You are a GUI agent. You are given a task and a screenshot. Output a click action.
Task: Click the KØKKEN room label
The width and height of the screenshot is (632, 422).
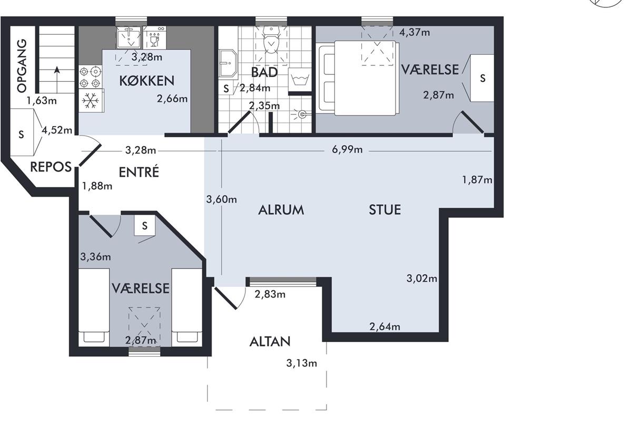point(147,81)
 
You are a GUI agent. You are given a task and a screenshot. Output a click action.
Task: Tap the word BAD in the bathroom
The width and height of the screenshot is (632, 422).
point(264,72)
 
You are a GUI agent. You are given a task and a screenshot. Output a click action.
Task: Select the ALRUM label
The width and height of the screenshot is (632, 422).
point(281,210)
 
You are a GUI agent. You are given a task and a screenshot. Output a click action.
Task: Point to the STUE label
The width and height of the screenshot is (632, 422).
point(385,210)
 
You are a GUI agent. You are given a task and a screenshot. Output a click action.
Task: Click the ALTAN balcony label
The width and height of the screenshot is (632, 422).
point(270,342)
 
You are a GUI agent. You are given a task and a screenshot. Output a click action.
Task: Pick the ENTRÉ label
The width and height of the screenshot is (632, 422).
point(139,172)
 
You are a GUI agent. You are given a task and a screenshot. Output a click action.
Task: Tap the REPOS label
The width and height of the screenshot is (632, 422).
point(51,167)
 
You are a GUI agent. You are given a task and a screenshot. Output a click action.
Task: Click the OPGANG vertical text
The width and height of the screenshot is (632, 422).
point(22,66)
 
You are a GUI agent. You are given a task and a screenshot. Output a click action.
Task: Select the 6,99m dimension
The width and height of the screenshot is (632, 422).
point(347,149)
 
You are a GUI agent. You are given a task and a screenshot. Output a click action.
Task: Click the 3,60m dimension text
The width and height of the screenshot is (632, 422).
point(222,199)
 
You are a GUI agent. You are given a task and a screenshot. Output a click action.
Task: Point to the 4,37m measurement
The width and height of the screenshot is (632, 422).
point(414,32)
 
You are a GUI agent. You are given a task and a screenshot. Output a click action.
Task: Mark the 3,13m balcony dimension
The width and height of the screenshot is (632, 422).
point(302,363)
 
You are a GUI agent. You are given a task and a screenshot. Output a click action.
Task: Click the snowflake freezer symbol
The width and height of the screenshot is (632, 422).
point(90,100)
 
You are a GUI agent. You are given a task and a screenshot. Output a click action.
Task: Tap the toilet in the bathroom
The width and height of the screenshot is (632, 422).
point(271,41)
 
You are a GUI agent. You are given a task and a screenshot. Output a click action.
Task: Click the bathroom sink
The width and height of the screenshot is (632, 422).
point(228,63)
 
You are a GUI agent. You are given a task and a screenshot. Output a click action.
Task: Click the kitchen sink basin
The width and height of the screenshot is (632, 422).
point(129,38)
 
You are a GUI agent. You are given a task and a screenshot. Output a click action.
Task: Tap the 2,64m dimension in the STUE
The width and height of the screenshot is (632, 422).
point(385,327)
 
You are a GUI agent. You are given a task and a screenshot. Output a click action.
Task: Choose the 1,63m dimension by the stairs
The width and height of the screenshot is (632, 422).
point(42,101)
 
